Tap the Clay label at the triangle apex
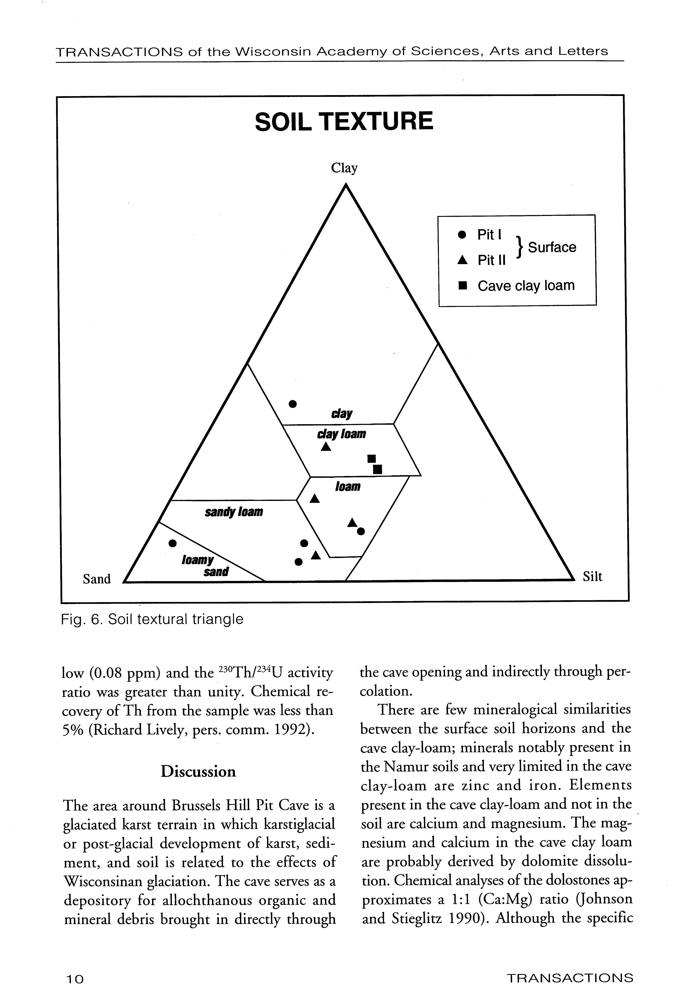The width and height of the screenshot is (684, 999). [x=344, y=168]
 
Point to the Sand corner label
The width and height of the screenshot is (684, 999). [x=97, y=579]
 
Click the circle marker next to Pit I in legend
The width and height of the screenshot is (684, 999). [x=462, y=235]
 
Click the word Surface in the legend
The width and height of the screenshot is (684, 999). [x=552, y=247]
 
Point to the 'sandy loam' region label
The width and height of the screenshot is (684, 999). [x=233, y=512]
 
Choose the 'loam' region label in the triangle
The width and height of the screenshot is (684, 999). [x=347, y=487]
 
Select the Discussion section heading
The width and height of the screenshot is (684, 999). [x=198, y=772]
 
